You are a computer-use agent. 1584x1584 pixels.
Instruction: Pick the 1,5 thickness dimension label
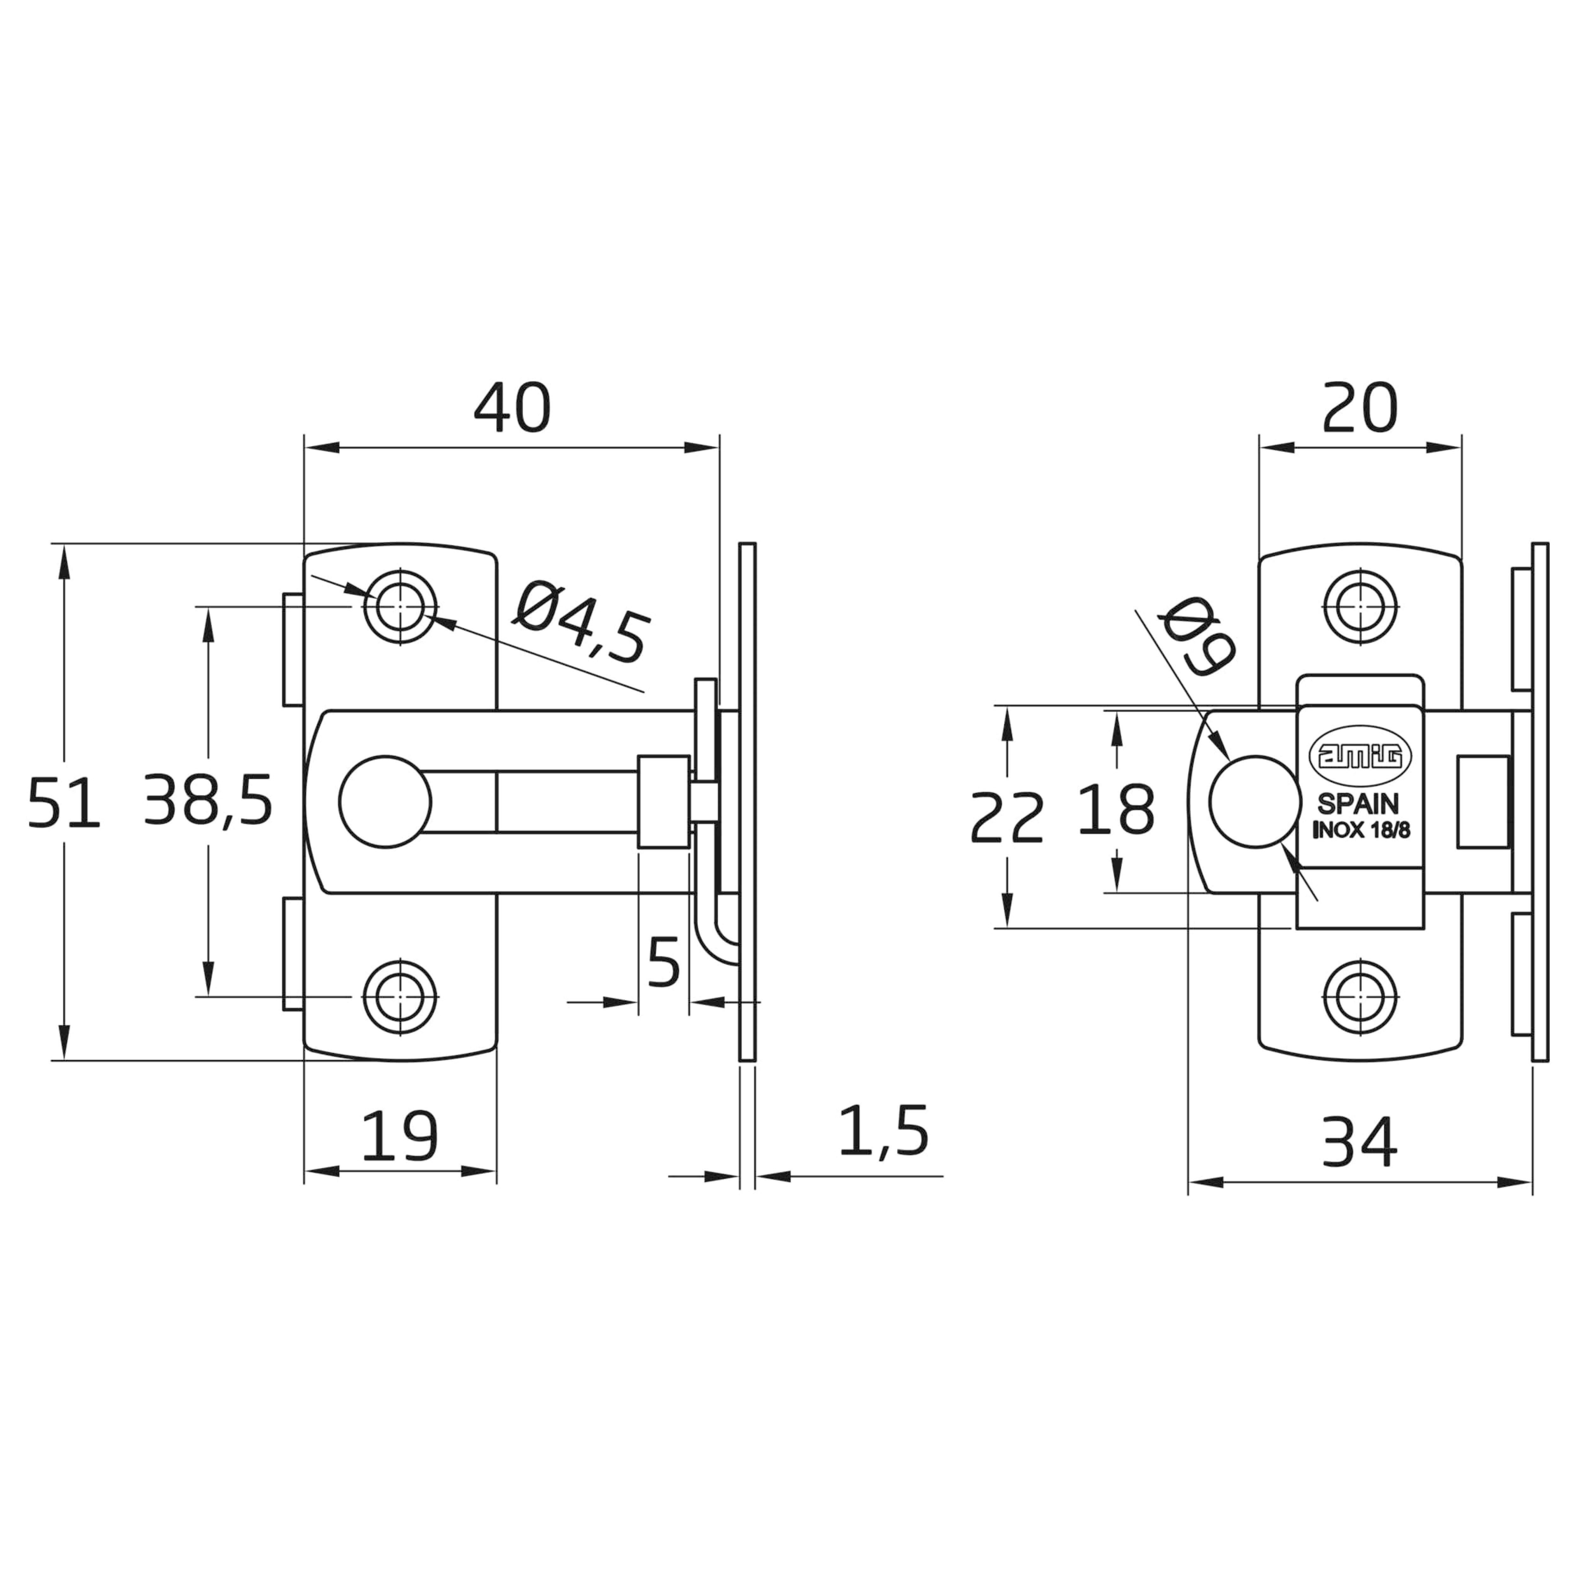pos(884,1131)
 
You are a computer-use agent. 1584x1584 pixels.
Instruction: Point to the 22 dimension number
pos(1007,817)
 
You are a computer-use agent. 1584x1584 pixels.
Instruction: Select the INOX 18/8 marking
pos(1361,830)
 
